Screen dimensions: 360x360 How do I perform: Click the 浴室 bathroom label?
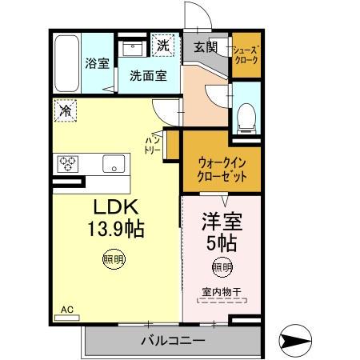click(x=98, y=64)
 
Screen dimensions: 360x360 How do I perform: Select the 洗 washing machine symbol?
click(x=163, y=46)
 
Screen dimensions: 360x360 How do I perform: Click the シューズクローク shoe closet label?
click(x=245, y=55)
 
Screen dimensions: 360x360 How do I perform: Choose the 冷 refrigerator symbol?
click(x=66, y=110)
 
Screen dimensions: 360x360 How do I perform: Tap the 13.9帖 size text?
click(x=115, y=230)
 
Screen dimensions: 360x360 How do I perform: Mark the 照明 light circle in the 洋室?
click(x=222, y=266)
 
